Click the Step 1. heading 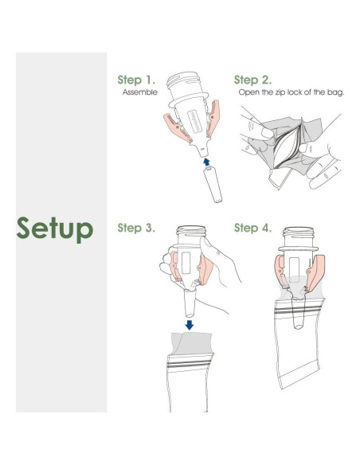[136, 80]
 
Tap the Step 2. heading [252, 80]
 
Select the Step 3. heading [136, 228]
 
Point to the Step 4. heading [252, 228]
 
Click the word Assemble [140, 92]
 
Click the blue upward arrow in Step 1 [207, 162]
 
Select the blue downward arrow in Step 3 [190, 325]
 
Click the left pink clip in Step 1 [178, 128]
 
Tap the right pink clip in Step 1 [213, 118]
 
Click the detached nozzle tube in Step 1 [213, 185]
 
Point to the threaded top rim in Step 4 [298, 232]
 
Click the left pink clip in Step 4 [281, 272]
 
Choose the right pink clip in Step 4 [315, 272]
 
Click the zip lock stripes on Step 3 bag [190, 364]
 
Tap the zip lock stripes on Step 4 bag [297, 311]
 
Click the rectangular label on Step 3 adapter [186, 263]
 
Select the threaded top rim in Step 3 [191, 230]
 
